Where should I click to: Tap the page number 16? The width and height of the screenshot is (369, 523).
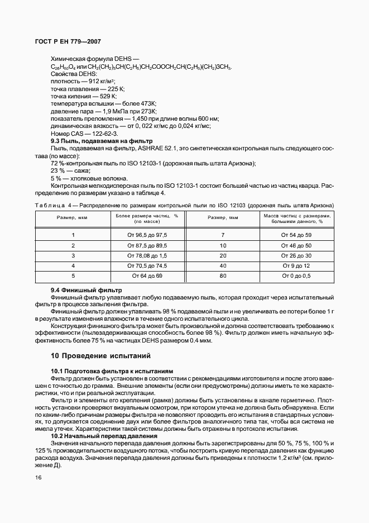click(x=38, y=477)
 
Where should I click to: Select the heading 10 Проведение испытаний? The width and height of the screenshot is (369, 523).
click(x=100, y=355)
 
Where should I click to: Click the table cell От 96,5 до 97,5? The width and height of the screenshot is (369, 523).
click(x=147, y=235)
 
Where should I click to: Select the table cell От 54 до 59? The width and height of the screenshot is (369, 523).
click(x=296, y=235)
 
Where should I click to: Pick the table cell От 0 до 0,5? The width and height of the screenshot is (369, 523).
click(x=296, y=276)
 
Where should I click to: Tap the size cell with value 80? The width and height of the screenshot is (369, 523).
click(x=223, y=276)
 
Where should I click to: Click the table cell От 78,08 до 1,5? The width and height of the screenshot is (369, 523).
click(x=147, y=256)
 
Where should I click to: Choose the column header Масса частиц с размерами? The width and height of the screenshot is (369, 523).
click(x=296, y=216)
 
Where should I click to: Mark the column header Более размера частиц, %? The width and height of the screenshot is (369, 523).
click(x=147, y=216)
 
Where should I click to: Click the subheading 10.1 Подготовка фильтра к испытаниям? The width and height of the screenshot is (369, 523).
click(x=104, y=371)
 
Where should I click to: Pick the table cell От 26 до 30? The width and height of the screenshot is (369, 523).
click(x=296, y=256)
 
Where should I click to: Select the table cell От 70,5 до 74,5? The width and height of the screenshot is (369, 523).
click(x=147, y=266)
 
